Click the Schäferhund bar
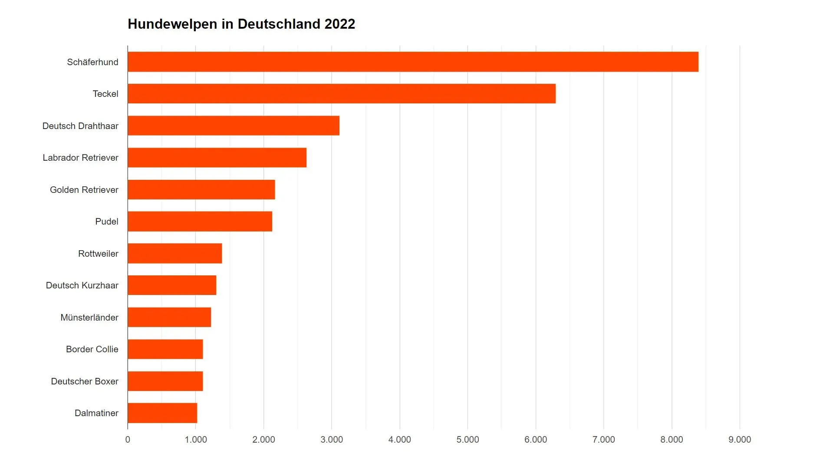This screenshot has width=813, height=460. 412,62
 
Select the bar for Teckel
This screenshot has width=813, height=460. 341,93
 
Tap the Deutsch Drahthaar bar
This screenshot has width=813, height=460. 233,126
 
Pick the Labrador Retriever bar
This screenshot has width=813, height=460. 217,157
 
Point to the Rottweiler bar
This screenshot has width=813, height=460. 174,253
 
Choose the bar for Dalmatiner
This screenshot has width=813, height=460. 162,413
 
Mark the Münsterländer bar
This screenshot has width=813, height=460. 169,317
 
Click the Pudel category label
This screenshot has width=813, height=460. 106,222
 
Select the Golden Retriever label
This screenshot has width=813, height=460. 84,190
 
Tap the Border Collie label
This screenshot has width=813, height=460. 92,349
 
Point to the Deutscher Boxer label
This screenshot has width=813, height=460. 85,381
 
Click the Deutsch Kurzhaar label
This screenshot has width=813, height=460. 82,285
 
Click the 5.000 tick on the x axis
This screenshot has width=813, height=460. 467,440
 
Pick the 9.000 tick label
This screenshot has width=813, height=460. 739,440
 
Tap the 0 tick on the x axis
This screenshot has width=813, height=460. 128,440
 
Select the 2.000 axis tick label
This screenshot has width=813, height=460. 263,440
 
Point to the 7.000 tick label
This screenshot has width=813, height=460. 603,440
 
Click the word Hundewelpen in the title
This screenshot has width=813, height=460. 172,24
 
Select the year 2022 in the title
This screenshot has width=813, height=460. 339,24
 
